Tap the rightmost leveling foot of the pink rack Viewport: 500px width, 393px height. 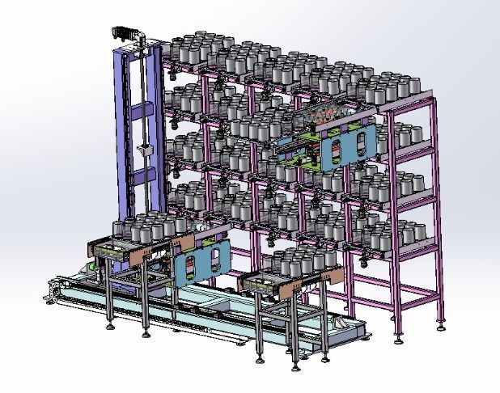[440, 327]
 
